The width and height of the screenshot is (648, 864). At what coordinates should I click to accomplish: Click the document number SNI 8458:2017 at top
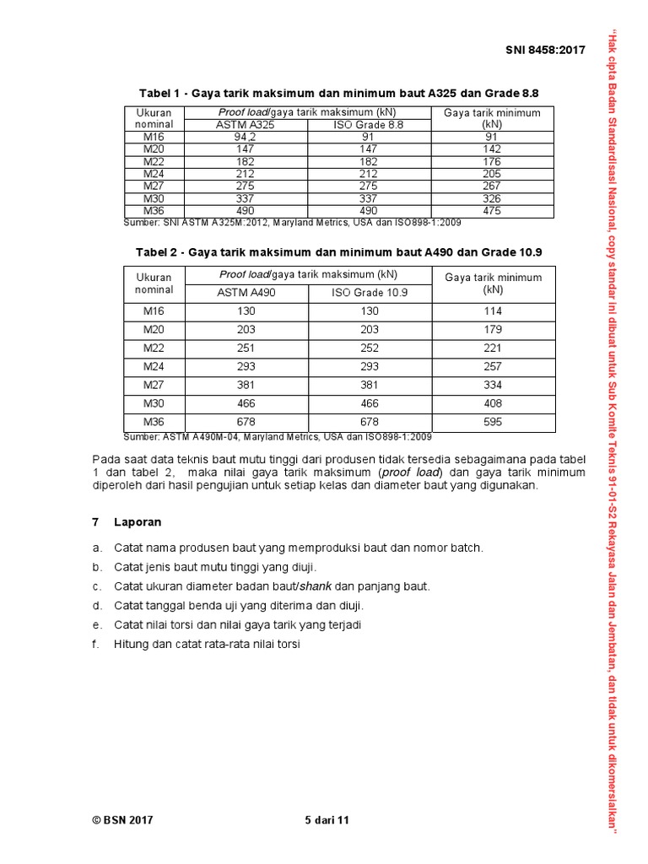tap(545, 51)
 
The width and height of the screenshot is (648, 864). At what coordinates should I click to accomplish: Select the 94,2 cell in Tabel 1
tap(246, 136)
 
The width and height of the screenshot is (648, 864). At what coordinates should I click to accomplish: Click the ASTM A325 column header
tap(246, 124)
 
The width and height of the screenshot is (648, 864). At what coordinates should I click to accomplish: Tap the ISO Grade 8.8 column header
tap(370, 124)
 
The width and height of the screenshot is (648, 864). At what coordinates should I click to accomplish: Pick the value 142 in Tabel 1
tap(493, 148)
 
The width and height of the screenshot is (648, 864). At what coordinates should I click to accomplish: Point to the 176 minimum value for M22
tap(493, 161)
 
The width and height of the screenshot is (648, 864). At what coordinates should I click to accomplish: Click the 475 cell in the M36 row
tap(493, 211)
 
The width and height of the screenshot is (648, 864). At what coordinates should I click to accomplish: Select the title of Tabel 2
tap(338, 251)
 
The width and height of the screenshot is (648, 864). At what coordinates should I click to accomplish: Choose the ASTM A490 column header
tap(246, 293)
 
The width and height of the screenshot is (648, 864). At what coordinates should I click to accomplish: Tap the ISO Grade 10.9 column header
tap(370, 293)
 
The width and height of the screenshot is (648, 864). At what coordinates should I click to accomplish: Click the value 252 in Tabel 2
tap(370, 348)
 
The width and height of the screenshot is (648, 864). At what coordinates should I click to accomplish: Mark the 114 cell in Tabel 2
tap(493, 311)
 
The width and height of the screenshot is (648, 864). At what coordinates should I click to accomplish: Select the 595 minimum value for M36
tap(493, 422)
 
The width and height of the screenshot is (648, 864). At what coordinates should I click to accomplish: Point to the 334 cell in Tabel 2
tap(493, 385)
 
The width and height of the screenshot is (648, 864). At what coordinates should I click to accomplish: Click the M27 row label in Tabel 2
tap(154, 385)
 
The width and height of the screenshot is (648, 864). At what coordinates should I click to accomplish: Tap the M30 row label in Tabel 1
tap(154, 198)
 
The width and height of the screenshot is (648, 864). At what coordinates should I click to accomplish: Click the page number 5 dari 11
tap(326, 819)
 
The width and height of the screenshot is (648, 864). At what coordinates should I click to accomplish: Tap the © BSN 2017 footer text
tap(122, 819)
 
